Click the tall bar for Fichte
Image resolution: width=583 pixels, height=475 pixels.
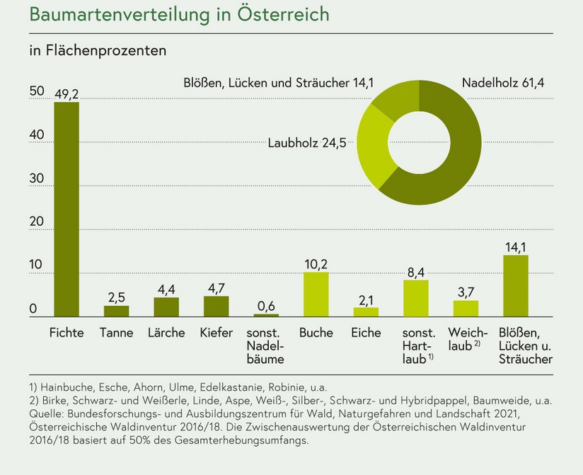(x=67, y=210)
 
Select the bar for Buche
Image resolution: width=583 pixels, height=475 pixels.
(x=316, y=294)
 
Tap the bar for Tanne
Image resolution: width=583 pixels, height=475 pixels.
(x=117, y=311)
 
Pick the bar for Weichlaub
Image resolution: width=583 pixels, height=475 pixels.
(x=466, y=309)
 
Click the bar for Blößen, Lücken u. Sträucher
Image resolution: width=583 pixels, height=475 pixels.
(x=516, y=286)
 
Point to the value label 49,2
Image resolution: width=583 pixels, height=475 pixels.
(x=67, y=93)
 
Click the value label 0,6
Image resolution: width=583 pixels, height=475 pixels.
(x=266, y=305)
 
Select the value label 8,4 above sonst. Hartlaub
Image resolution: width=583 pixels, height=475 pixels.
(x=416, y=271)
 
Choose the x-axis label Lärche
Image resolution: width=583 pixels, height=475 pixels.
(x=166, y=333)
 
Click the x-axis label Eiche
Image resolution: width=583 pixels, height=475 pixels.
(x=366, y=333)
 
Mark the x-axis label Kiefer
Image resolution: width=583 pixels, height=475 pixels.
(x=216, y=333)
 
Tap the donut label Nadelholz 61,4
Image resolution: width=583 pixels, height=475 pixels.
(x=503, y=83)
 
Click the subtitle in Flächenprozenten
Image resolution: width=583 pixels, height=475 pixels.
(x=97, y=51)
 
